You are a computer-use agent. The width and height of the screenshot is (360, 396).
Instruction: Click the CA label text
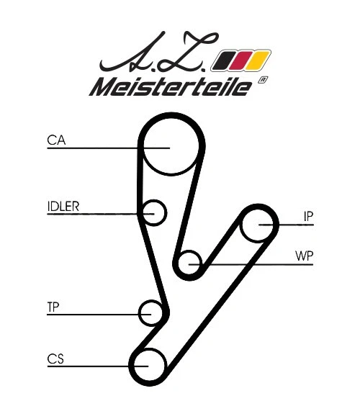(56, 140)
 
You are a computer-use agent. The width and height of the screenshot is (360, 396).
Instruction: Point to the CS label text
(55, 358)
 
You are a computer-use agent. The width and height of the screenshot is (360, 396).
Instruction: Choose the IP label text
(308, 216)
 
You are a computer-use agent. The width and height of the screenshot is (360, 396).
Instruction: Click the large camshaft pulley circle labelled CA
(170, 146)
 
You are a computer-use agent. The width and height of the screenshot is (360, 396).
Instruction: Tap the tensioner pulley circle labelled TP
(152, 313)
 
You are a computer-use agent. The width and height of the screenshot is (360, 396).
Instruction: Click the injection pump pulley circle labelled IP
(258, 225)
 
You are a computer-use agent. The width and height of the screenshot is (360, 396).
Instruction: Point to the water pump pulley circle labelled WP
(190, 264)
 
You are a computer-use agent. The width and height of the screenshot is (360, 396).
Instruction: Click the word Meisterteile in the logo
(169, 87)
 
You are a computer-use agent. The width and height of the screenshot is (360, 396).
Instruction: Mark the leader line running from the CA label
(101, 148)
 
